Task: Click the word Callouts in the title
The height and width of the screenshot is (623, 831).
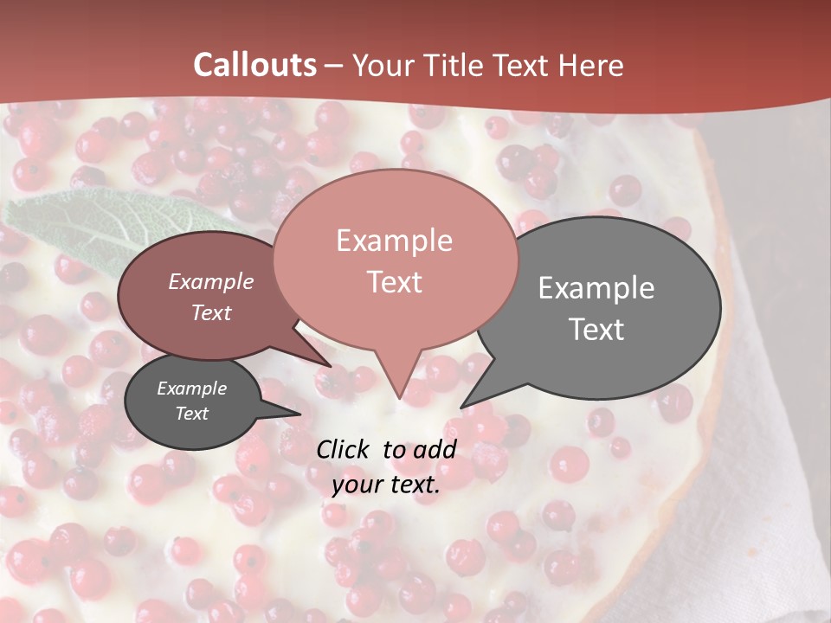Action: tap(254, 66)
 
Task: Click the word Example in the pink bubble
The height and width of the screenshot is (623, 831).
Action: tap(394, 241)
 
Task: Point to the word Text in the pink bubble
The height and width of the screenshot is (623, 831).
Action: tap(394, 282)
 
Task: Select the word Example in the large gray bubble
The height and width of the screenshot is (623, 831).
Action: tap(596, 288)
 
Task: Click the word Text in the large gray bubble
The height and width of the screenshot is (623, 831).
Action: tap(596, 330)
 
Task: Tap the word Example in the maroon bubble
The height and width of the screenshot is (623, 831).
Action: tap(211, 281)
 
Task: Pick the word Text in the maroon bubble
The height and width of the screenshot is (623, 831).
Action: tap(211, 312)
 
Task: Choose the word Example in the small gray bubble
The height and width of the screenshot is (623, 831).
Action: tap(192, 389)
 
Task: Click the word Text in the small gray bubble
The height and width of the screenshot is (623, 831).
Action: tap(192, 414)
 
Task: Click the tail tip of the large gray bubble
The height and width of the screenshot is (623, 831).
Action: tap(461, 406)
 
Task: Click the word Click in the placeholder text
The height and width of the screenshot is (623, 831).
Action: tap(344, 449)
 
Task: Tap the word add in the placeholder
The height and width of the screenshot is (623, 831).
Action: tap(434, 449)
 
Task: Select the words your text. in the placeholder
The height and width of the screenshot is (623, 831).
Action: tap(386, 485)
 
